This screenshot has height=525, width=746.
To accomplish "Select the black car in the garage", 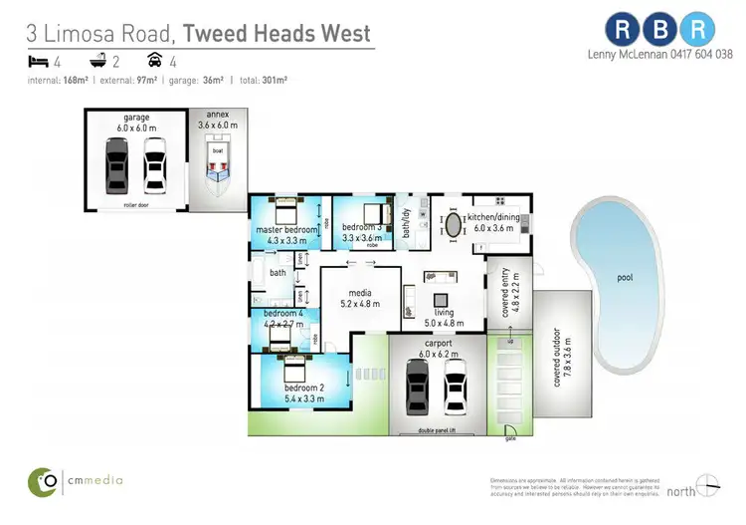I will [117, 164].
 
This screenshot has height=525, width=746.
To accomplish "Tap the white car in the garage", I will [154, 164].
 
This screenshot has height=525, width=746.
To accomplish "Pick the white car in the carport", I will [456, 386].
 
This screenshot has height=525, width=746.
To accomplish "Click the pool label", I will [625, 278].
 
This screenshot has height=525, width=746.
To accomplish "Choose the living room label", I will [444, 317].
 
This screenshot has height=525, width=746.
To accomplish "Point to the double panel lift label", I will [437, 430].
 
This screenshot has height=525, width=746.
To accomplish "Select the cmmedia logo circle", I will [43, 480].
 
